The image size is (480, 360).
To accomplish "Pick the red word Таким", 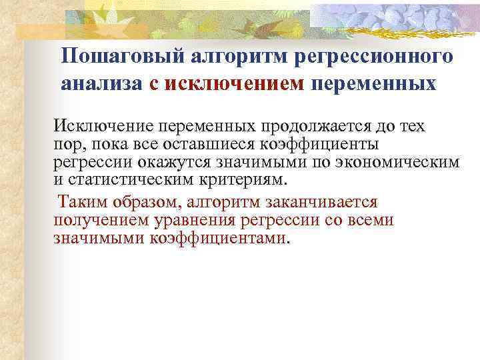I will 79,201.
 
